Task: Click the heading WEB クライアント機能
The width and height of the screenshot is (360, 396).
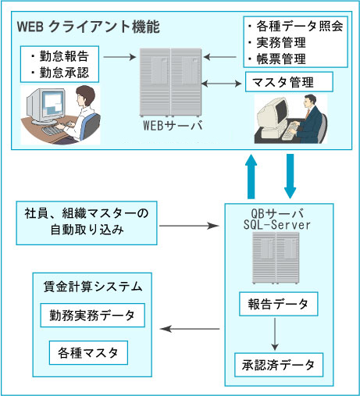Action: tap(88, 27)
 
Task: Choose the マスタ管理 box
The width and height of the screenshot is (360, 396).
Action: tap(289, 82)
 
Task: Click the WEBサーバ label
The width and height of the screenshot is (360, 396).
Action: tap(173, 126)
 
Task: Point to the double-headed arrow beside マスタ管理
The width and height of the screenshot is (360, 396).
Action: tap(222, 84)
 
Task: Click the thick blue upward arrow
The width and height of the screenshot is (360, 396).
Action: tap(251, 177)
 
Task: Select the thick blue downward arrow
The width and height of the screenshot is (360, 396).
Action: tap(290, 177)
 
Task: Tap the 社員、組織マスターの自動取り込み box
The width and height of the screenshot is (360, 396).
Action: tap(87, 223)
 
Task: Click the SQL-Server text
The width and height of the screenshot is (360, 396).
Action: tap(277, 225)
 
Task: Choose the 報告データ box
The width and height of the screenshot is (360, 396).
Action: tap(279, 304)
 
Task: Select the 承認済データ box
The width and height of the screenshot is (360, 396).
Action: tap(279, 365)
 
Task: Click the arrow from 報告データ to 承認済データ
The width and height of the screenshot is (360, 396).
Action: tap(275, 334)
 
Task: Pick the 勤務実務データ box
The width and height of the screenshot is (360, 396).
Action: tap(92, 316)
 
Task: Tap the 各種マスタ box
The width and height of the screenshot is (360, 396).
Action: tap(88, 353)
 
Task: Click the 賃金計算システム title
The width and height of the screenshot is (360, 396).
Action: tap(93, 287)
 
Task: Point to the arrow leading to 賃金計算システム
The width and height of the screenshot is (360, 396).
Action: tap(190, 329)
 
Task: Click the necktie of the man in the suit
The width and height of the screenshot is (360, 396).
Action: tap(308, 113)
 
